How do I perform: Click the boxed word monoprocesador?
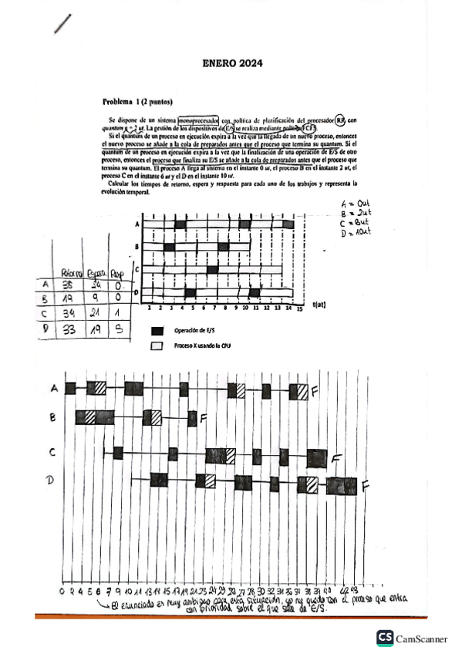197,121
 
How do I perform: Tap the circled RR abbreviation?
342,120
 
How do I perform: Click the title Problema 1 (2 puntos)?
137,102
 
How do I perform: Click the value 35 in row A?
69,284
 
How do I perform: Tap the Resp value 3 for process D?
117,329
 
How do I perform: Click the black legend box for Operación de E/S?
157,331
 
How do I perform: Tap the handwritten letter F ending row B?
203,418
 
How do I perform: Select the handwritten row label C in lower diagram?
52,452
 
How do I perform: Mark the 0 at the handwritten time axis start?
62,590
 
